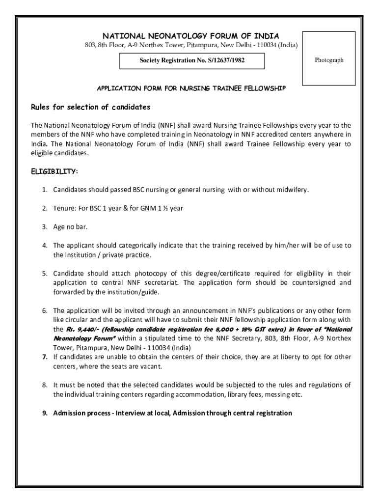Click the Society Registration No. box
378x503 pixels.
(x=192, y=60)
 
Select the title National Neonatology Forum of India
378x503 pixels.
(x=190, y=36)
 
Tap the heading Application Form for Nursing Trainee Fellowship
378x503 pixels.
(x=191, y=88)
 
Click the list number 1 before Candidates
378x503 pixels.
(x=44, y=190)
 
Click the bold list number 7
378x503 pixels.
(x=44, y=357)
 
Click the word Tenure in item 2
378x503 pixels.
(x=64, y=208)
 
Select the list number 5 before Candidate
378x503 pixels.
(x=44, y=273)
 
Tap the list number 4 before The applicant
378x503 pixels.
(x=44, y=245)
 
